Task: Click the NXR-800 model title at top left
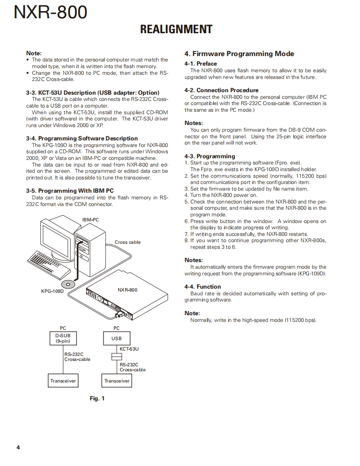[x=50, y=13]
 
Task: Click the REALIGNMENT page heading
[x=176, y=29]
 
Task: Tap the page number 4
[x=18, y=447]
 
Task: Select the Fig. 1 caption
[x=97, y=399]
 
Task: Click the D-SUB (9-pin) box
[x=63, y=338]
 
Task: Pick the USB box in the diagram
[x=116, y=338]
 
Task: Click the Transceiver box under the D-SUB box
[x=63, y=381]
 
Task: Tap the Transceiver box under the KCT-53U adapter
[x=117, y=381]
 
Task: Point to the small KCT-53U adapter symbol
[x=116, y=357]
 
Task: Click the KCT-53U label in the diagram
[x=129, y=349]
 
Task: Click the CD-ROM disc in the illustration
[x=68, y=284]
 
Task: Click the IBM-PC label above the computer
[x=90, y=220]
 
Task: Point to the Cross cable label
[x=128, y=242]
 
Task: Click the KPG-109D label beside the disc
[x=52, y=291]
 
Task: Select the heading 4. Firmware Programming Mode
[x=239, y=54]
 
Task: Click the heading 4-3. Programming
[x=210, y=156]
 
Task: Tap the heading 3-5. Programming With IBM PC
[x=70, y=191]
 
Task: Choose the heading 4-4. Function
[x=202, y=287]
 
